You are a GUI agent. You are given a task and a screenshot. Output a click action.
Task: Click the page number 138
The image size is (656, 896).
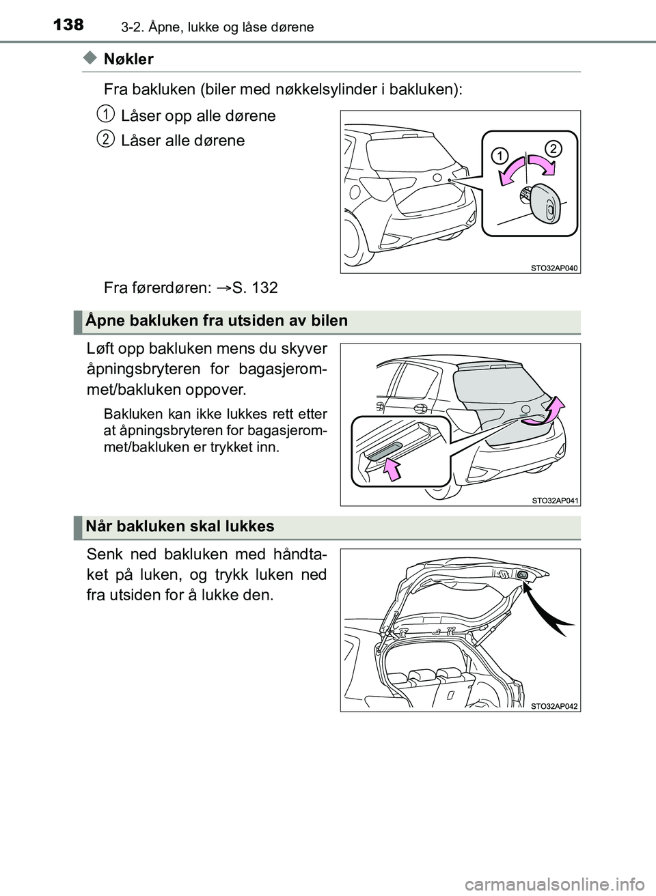68,24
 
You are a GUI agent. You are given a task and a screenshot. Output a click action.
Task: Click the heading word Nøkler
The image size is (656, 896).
128,59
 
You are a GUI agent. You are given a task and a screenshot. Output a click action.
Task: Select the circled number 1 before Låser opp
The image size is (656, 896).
105,113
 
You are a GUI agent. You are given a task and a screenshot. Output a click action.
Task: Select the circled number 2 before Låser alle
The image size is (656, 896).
105,139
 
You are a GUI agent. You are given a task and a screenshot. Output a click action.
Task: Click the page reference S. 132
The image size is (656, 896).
255,288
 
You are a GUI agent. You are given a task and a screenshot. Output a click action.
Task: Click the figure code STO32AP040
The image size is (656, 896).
554,268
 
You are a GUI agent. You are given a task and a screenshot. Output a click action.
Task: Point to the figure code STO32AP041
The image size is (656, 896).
554,501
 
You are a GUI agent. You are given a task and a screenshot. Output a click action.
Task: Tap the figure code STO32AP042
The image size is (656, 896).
554,707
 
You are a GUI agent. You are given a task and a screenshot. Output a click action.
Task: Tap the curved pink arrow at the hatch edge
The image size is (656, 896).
555,410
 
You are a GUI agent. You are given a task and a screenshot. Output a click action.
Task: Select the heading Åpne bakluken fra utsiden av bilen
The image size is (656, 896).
217,321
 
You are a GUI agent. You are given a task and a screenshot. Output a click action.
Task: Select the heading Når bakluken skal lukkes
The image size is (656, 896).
180,527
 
